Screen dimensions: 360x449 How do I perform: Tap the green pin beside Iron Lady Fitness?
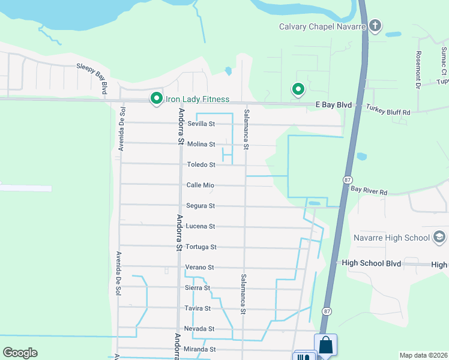point(157,97)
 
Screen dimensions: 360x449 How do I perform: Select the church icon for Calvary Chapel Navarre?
point(375,26)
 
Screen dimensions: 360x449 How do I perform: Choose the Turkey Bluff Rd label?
point(388,112)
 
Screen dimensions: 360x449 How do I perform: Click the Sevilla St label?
point(201,124)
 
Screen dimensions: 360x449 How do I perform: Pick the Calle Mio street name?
point(200,185)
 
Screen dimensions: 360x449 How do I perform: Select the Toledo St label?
point(201,164)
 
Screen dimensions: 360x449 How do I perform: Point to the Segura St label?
point(200,206)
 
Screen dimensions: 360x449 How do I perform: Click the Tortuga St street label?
point(200,247)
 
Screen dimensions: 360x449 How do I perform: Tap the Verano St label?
point(200,267)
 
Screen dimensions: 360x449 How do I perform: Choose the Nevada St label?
point(199,329)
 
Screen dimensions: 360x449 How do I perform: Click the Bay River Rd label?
point(370,191)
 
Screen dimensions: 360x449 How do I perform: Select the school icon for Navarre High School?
point(440,238)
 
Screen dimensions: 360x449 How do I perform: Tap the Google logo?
point(20,353)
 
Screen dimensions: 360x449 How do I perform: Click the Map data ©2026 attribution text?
point(423,355)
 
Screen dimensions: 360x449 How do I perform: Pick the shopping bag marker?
point(325,345)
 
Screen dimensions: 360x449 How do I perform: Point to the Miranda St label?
point(200,349)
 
